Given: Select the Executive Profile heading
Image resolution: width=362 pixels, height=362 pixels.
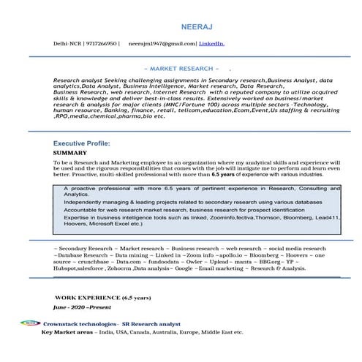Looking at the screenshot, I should [x=81, y=144].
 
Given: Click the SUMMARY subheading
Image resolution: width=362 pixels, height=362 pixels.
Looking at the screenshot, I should [x=70, y=154].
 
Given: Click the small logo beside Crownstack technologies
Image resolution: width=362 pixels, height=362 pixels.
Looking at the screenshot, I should [x=30, y=323].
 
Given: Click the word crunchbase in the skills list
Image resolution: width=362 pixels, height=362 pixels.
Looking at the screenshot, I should [x=91, y=261].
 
